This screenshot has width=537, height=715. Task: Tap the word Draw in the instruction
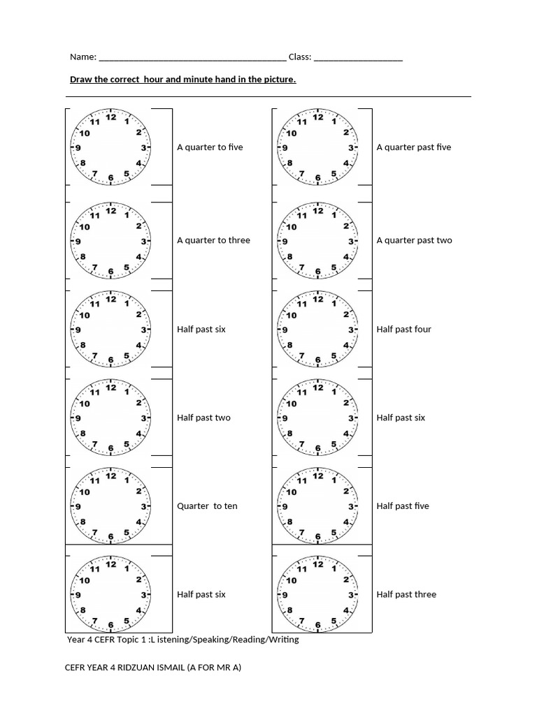tap(81, 80)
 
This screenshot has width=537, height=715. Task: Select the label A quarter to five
tap(210, 147)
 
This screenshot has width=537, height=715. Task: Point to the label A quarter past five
tap(414, 147)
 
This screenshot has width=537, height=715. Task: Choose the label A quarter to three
tap(213, 240)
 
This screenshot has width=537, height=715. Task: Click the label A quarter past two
tap(414, 240)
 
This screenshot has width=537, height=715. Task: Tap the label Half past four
tap(404, 329)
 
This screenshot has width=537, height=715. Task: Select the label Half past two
tap(203, 418)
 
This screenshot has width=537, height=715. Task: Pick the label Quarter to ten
tap(207, 506)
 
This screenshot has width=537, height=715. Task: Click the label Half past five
tap(403, 506)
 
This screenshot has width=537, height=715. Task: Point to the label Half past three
tap(406, 594)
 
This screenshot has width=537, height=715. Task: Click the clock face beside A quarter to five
tap(111, 148)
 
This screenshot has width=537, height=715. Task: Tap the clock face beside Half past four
tap(318, 330)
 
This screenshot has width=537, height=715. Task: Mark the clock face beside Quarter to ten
tap(111, 506)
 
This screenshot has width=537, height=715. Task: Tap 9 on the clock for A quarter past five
tap(285, 148)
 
